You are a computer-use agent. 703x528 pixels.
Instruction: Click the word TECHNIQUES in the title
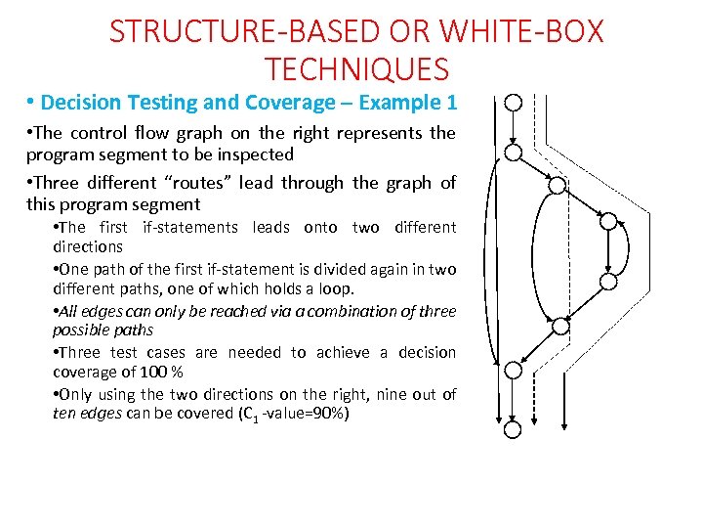click(356, 69)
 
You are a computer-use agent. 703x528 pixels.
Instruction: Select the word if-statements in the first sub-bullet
click(189, 227)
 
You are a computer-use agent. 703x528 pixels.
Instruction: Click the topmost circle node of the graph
click(514, 103)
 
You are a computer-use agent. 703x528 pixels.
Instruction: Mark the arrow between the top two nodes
click(514, 127)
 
